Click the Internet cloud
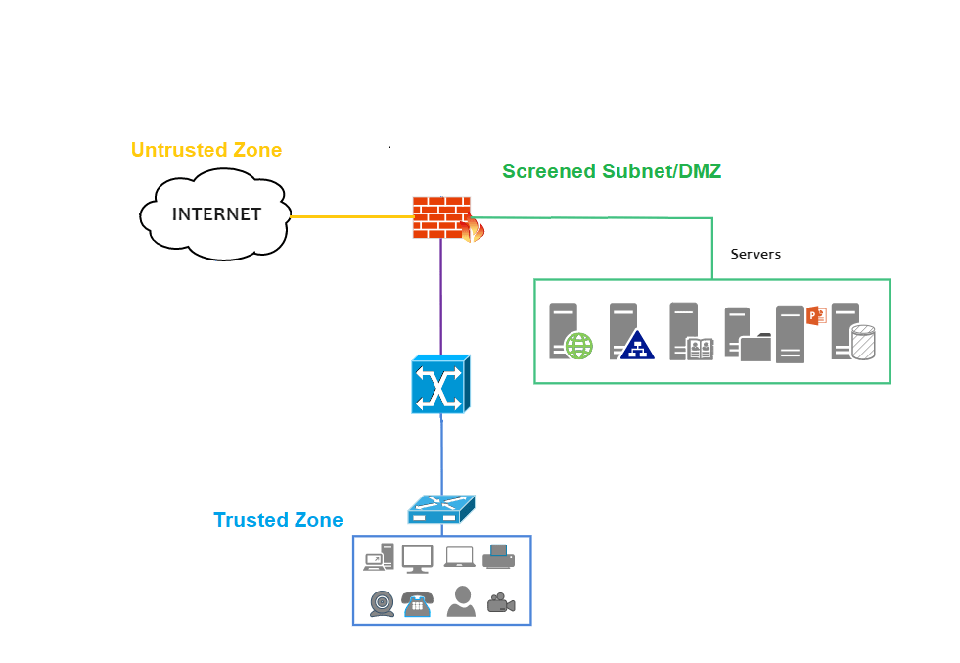click(216, 214)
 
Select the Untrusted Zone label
click(206, 150)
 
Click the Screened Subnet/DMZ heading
click(612, 171)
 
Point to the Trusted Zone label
click(278, 520)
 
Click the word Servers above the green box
click(755, 254)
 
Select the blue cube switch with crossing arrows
click(439, 384)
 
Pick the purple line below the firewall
click(440, 294)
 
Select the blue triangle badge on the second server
click(637, 346)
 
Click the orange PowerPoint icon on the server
click(816, 315)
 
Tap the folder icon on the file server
click(754, 348)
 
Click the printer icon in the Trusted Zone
click(498, 556)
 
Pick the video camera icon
click(501, 603)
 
